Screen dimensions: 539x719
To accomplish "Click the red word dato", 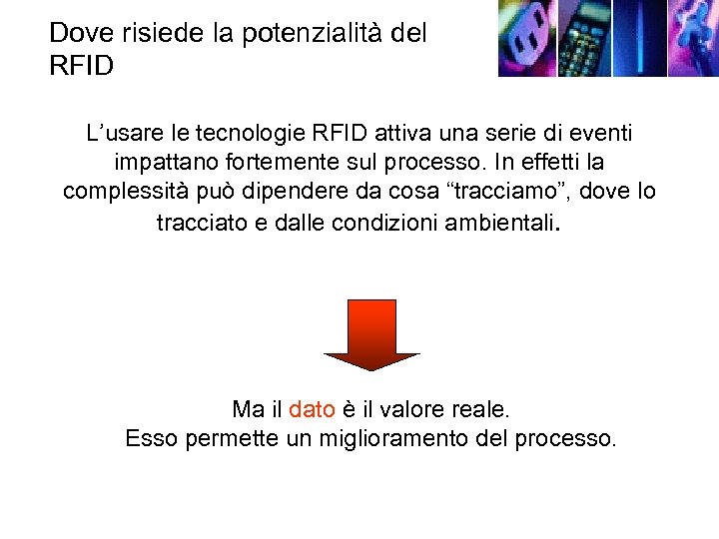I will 311,409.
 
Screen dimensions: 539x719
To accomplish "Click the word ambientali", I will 489,221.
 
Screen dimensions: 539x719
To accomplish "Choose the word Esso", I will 152,438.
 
